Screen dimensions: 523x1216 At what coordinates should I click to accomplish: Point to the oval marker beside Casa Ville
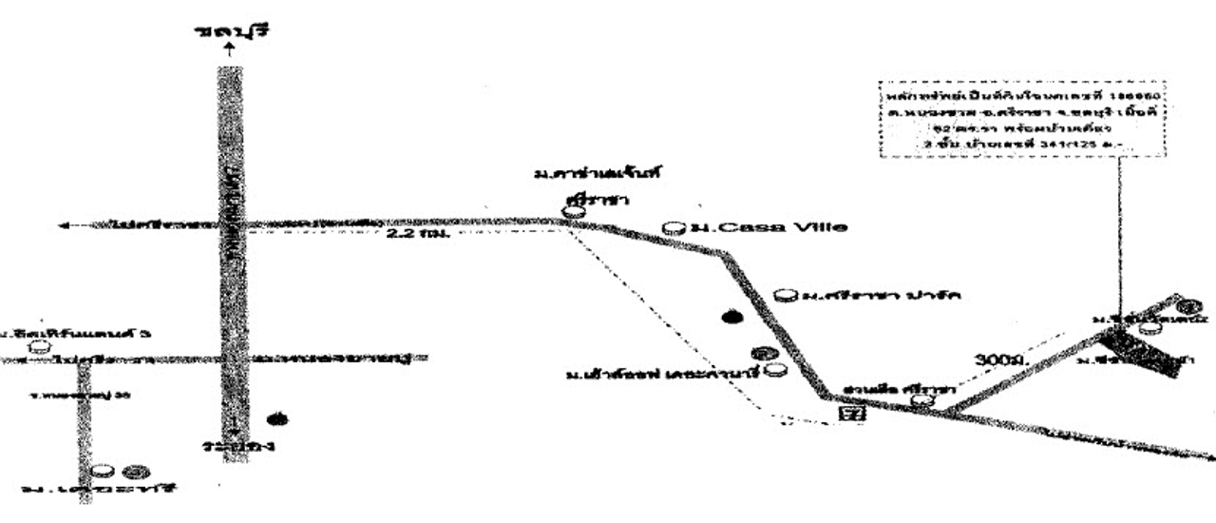pos(673,227)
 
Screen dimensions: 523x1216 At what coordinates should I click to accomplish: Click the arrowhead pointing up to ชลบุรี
pos(228,49)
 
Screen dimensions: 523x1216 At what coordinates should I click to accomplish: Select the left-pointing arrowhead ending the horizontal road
pos(63,225)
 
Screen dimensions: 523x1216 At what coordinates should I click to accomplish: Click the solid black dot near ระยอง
pos(277,418)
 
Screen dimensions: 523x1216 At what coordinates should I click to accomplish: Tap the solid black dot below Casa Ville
pos(731,318)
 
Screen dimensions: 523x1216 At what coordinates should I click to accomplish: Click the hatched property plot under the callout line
pos(1146,351)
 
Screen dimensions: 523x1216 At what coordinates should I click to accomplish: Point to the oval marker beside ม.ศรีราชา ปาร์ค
pos(784,296)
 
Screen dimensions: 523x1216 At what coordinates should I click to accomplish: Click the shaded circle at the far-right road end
pos(1184,306)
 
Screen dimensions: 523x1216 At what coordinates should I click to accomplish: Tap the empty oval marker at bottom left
pos(104,471)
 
